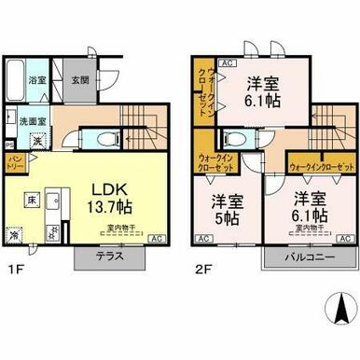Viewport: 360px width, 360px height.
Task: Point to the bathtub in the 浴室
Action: [15, 89]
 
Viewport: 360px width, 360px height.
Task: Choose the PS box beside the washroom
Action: [9, 144]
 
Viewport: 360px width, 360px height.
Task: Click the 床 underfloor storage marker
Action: [31, 200]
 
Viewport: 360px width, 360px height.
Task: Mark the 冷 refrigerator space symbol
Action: [14, 236]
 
